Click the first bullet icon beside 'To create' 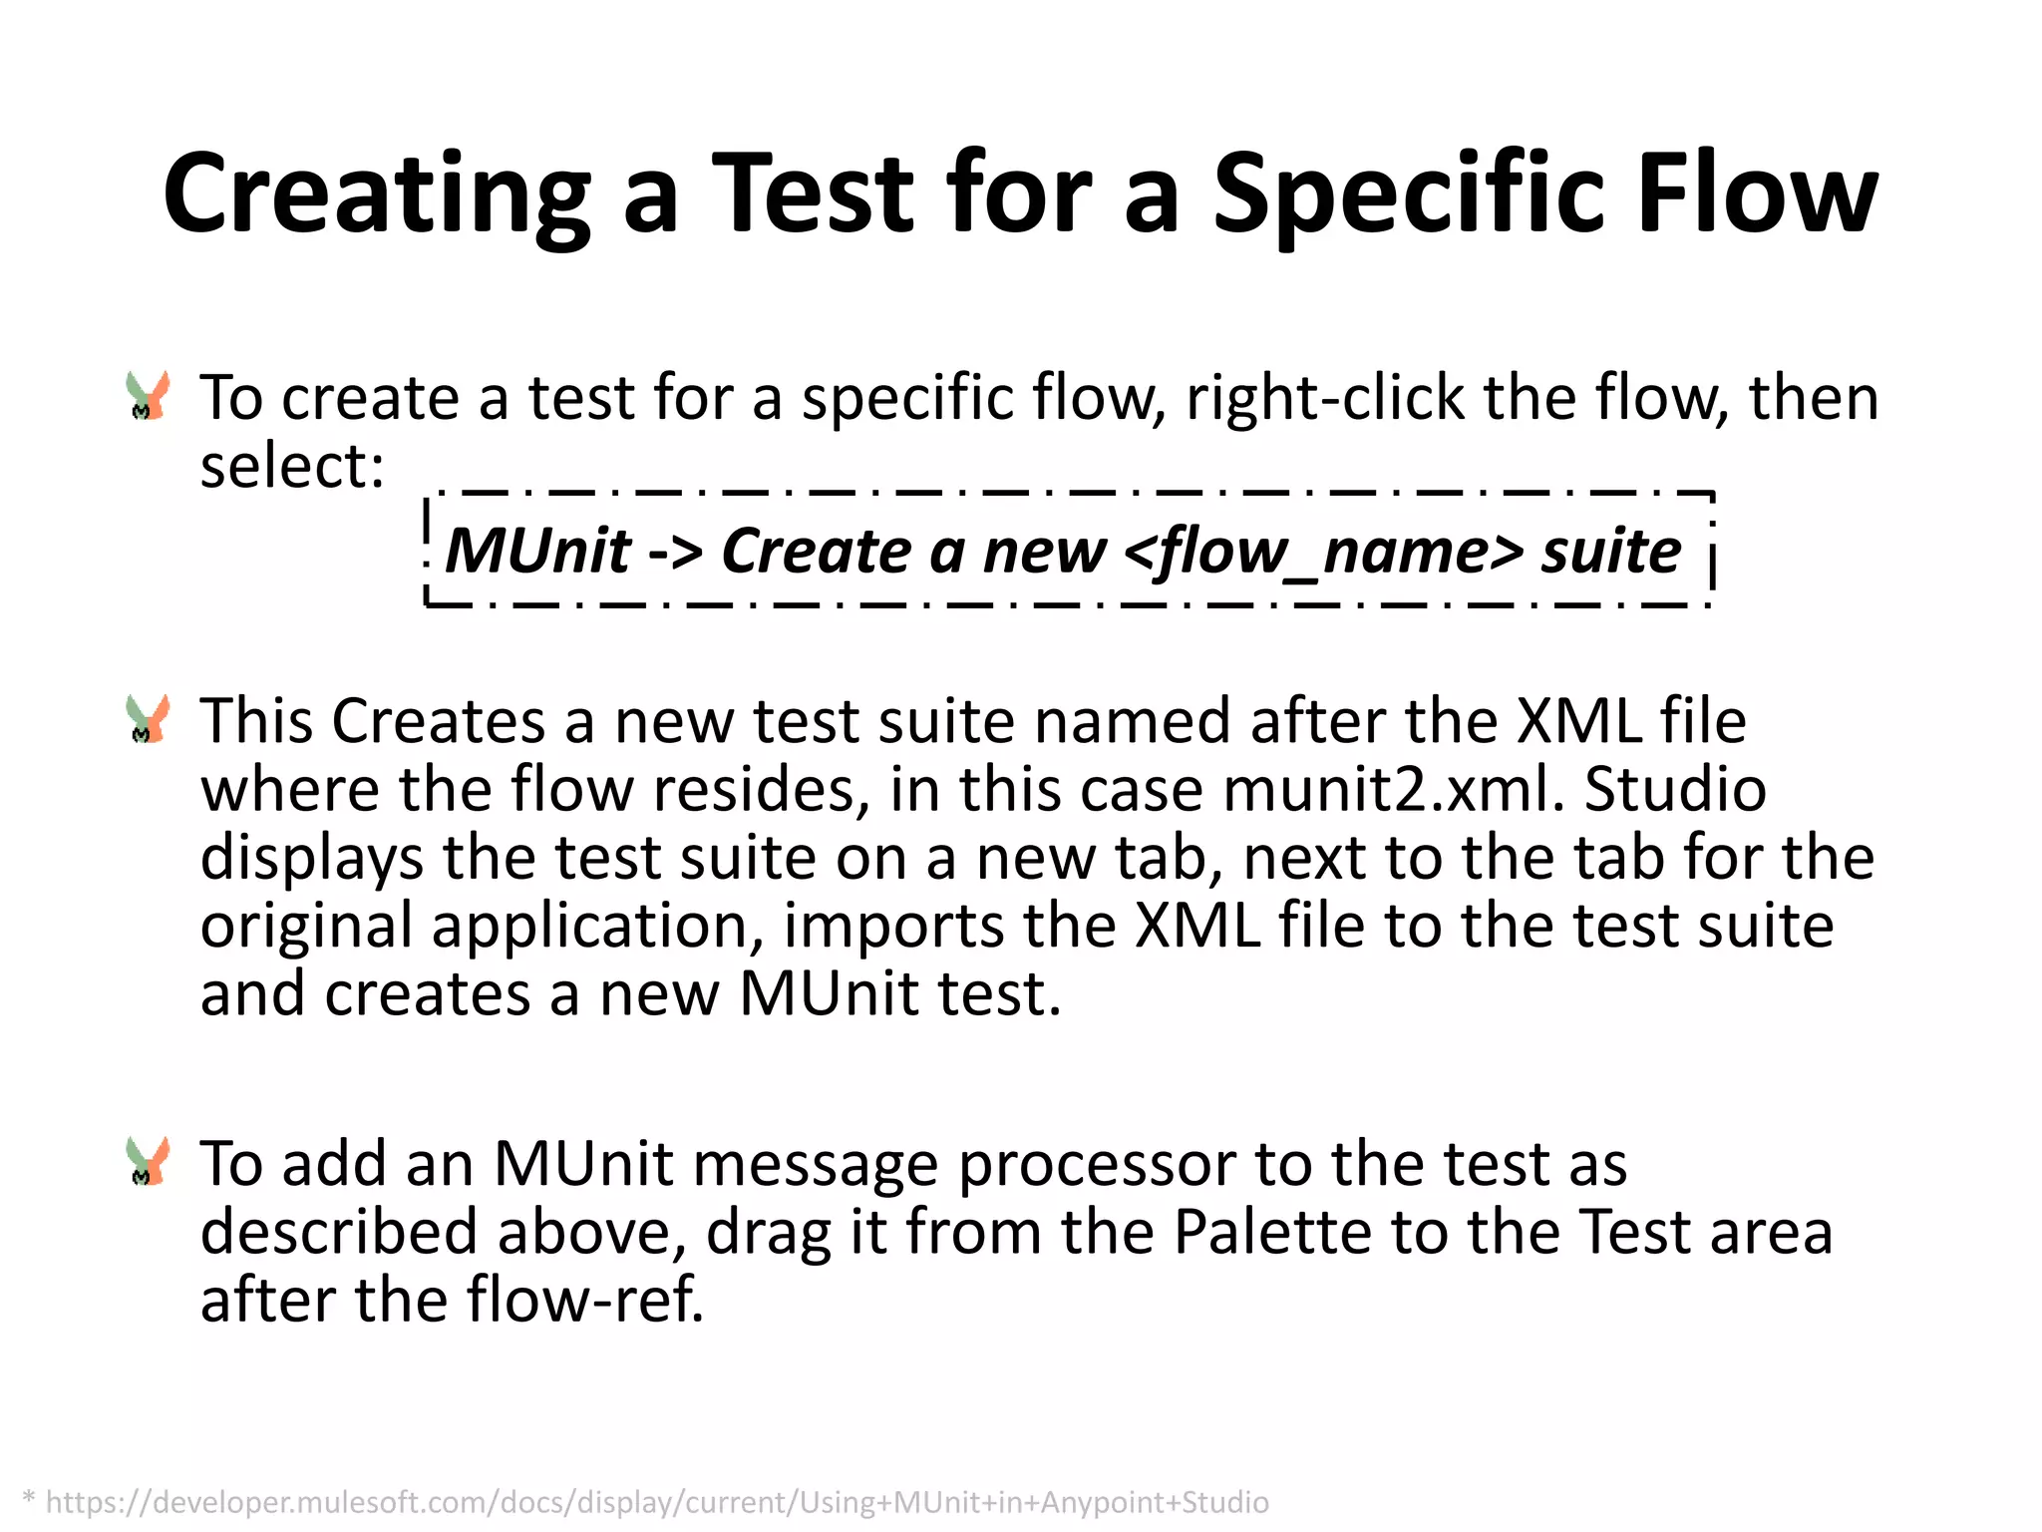point(148,395)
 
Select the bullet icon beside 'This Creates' point(148,719)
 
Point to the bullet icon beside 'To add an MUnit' point(148,1161)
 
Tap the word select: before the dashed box point(291,467)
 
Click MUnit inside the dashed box point(537,551)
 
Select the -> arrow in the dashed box point(675,551)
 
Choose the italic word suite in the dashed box point(1610,551)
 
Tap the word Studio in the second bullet point(1675,790)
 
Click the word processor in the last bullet point(1096,1165)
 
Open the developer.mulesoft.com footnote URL point(657,1502)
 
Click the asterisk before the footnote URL point(29,1498)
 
